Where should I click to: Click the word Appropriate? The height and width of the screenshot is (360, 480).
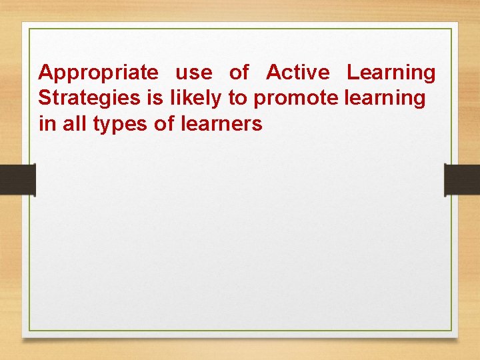(99, 73)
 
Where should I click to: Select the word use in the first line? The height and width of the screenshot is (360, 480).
(193, 72)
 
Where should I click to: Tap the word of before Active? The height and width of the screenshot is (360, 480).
(239, 72)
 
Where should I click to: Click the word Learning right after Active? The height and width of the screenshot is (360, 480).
(391, 73)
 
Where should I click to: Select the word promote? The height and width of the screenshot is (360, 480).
(297, 99)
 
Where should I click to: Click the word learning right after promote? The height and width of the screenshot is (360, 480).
(385, 99)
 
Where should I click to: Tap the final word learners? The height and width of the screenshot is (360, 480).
(221, 124)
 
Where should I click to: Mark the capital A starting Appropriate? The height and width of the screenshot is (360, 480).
(46, 72)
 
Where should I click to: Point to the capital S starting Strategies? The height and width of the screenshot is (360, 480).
(45, 98)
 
